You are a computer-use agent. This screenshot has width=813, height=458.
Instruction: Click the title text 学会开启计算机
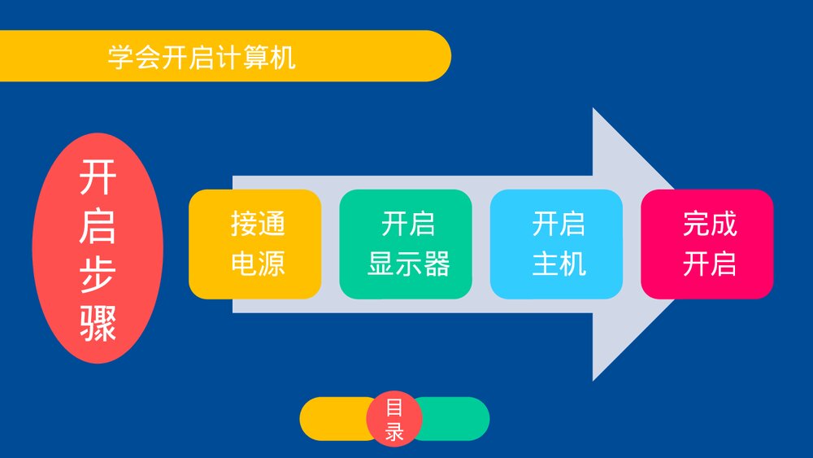click(202, 57)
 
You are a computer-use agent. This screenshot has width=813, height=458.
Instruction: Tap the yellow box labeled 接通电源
click(255, 244)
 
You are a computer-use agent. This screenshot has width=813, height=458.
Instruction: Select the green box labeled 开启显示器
click(406, 244)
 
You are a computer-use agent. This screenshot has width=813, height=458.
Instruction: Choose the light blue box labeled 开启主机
click(556, 244)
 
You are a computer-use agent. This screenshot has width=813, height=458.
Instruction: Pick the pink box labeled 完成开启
click(707, 244)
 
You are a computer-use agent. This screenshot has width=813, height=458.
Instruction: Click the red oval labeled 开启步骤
click(98, 248)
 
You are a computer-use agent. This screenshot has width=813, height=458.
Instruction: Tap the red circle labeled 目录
click(394, 419)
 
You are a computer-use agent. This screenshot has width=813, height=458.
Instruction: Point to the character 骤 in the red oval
click(98, 323)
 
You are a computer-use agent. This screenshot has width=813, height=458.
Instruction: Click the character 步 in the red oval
click(98, 275)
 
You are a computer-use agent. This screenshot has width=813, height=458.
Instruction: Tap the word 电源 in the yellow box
click(258, 264)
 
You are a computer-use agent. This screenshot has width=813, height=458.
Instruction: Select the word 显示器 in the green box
click(409, 264)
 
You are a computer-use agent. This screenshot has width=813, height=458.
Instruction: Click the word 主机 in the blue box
click(559, 264)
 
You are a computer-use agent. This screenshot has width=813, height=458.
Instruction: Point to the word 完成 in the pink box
click(710, 224)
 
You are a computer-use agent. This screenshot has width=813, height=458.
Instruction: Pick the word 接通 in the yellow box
click(258, 224)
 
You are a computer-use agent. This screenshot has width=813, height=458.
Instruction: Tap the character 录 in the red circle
click(394, 431)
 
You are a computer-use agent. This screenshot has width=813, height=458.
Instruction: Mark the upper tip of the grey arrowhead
click(593, 108)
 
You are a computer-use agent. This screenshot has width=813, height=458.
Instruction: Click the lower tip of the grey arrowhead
click(593, 380)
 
